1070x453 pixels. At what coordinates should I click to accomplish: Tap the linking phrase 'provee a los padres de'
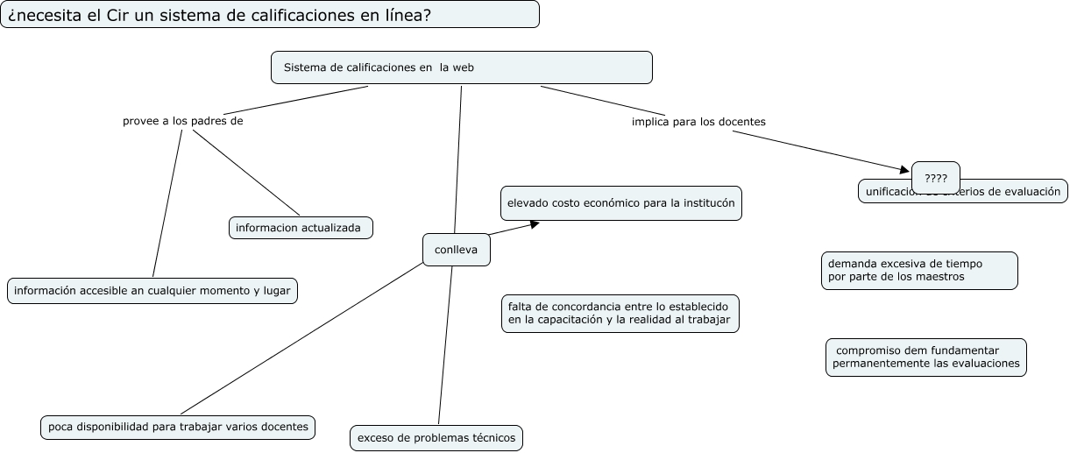[182, 122]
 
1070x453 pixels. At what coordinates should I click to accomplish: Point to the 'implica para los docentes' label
[698, 122]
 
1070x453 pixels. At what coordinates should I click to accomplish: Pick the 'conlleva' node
[456, 250]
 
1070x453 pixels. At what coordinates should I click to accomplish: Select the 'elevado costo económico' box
[621, 203]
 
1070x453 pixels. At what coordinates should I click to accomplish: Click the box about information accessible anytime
[152, 291]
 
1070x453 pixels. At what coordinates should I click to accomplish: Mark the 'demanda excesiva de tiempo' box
[919, 270]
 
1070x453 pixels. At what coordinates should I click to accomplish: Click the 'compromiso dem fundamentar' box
[925, 357]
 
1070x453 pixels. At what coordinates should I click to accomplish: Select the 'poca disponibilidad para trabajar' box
[178, 427]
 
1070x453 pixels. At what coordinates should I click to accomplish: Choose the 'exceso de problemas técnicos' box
[436, 437]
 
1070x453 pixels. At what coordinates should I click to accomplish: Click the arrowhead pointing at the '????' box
[905, 169]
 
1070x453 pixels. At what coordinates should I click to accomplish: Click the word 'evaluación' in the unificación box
[1033, 192]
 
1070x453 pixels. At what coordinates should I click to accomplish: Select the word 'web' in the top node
[463, 67]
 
